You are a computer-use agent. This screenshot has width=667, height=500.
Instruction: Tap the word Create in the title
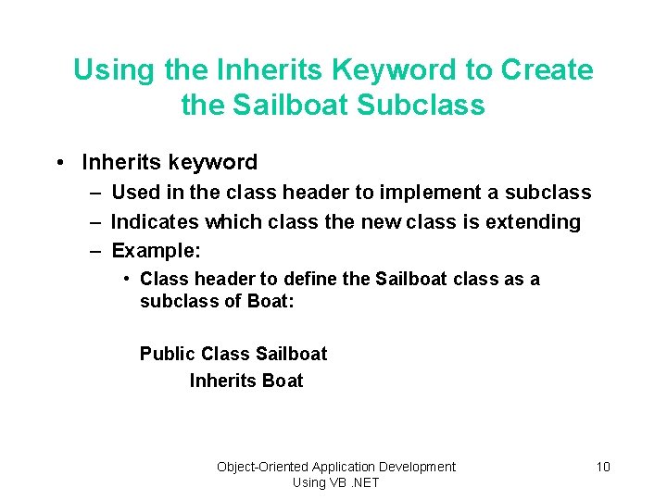(x=547, y=70)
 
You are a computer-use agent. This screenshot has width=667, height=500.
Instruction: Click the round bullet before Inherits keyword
(x=59, y=163)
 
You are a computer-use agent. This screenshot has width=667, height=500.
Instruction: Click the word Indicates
(x=154, y=222)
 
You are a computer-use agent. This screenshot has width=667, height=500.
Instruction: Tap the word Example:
(x=156, y=251)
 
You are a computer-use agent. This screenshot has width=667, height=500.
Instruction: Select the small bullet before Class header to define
(x=127, y=279)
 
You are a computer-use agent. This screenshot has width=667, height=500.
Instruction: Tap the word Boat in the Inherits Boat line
(x=283, y=381)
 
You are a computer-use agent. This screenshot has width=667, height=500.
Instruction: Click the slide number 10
(x=602, y=467)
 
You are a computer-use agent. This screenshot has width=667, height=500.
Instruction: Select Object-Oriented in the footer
(x=262, y=467)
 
